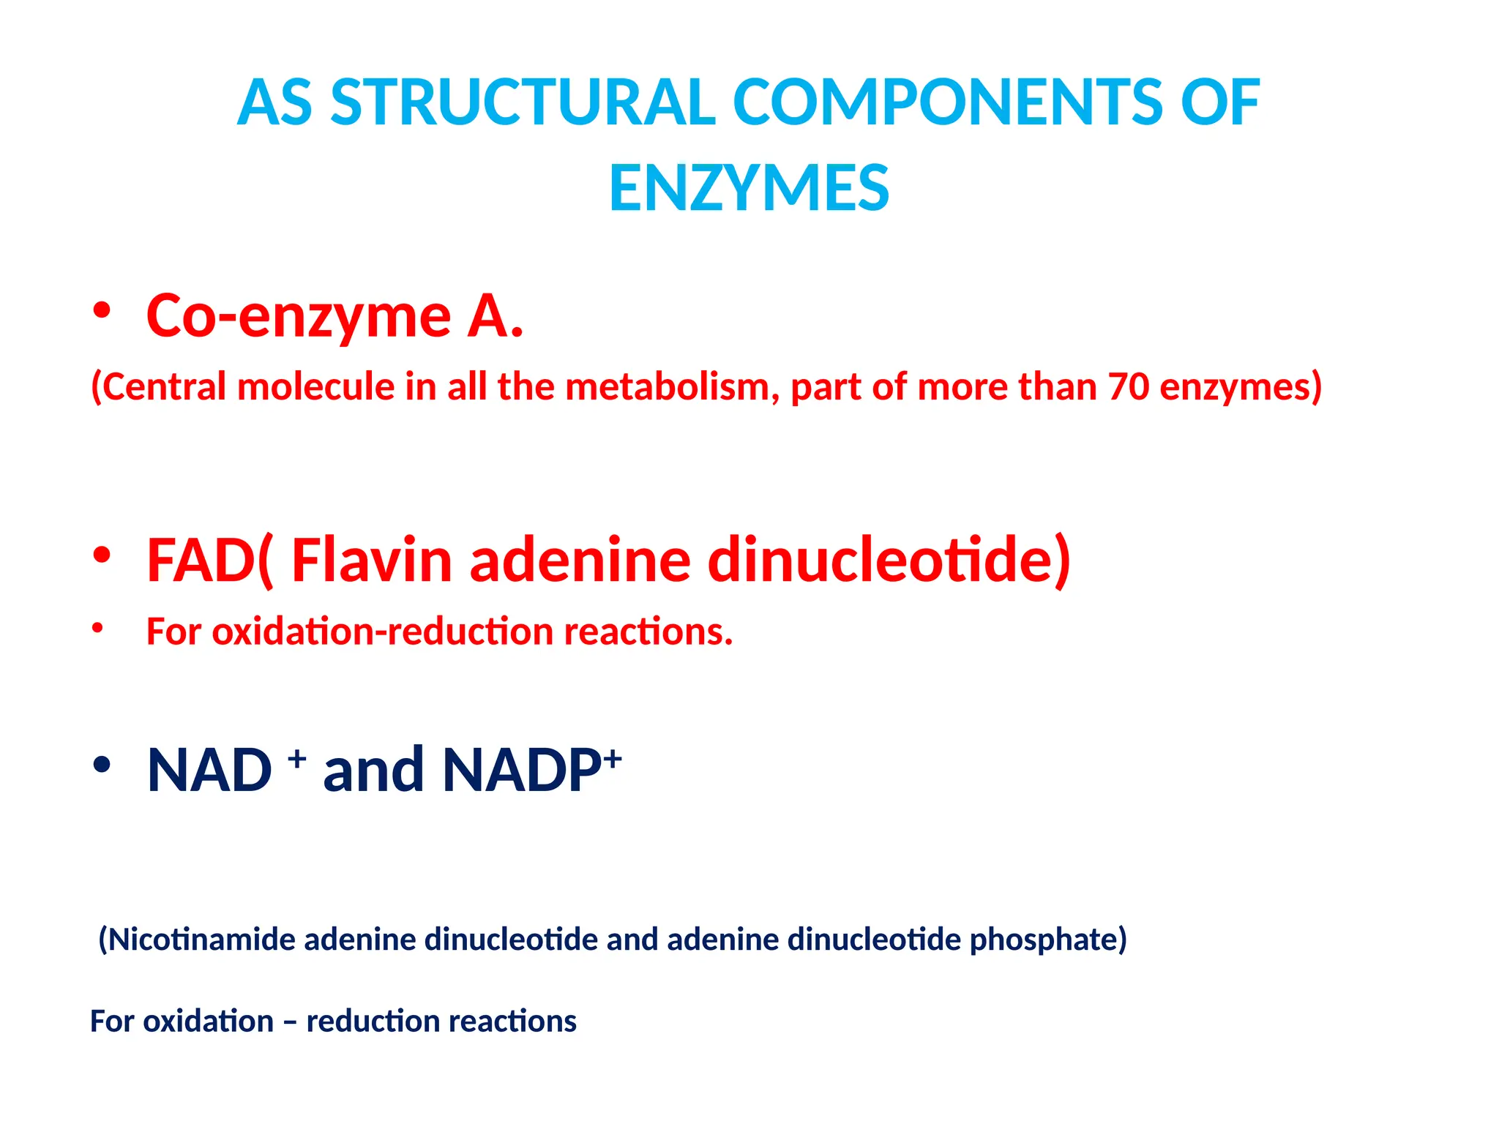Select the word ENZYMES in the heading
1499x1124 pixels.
[x=749, y=189]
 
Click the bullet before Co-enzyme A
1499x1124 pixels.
[x=102, y=311]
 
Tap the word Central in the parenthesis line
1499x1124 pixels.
[x=165, y=386]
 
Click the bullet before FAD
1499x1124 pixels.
[x=102, y=555]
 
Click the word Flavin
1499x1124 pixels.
[x=372, y=561]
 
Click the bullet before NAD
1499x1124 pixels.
[x=102, y=765]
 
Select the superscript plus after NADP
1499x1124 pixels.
[x=613, y=757]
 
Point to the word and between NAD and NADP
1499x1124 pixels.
[x=373, y=771]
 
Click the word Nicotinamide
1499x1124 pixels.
[x=201, y=940]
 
